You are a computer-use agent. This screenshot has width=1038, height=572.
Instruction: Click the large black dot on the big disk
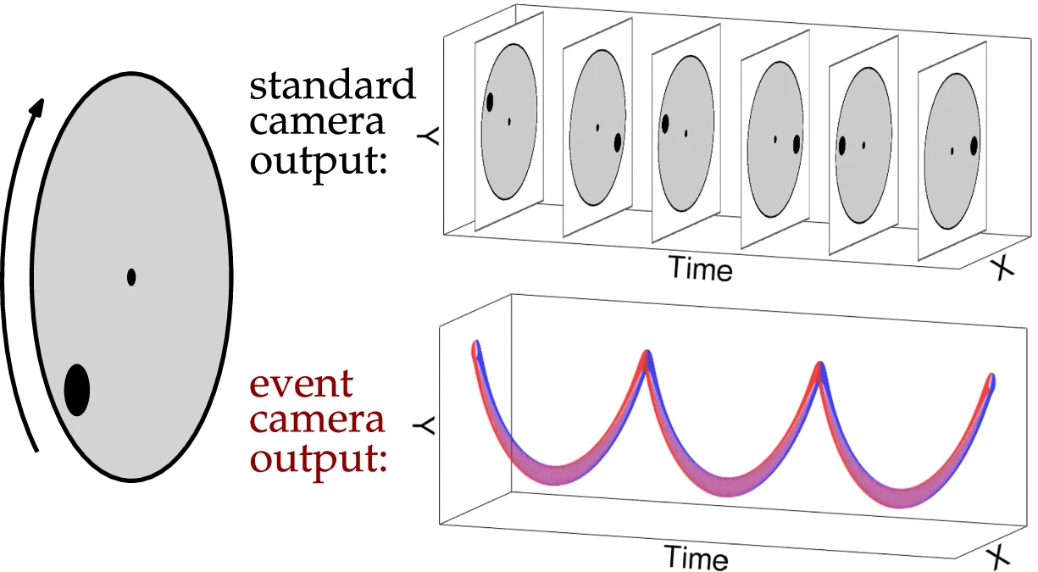77,390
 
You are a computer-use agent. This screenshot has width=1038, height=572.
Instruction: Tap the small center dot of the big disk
131,277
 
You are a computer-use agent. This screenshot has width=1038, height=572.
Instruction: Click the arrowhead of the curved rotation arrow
37,108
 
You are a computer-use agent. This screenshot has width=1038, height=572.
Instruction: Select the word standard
332,84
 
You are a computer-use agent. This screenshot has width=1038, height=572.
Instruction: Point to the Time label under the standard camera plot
701,268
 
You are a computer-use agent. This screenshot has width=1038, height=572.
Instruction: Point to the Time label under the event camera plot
696,557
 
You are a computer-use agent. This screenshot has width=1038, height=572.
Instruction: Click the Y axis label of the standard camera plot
428,136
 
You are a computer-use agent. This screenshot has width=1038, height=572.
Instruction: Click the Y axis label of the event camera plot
424,426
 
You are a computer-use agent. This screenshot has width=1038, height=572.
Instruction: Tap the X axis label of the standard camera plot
1002,269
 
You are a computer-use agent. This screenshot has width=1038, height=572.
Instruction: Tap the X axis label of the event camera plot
997,558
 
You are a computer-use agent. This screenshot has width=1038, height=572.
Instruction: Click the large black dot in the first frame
490,102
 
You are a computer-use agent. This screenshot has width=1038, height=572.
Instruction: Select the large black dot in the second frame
617,142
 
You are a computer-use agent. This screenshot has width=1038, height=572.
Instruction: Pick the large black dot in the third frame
665,124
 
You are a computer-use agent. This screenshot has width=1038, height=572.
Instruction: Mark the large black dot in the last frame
974,146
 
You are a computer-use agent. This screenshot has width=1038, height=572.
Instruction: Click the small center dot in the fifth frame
863,145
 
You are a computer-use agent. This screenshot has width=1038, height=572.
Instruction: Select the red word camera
317,420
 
